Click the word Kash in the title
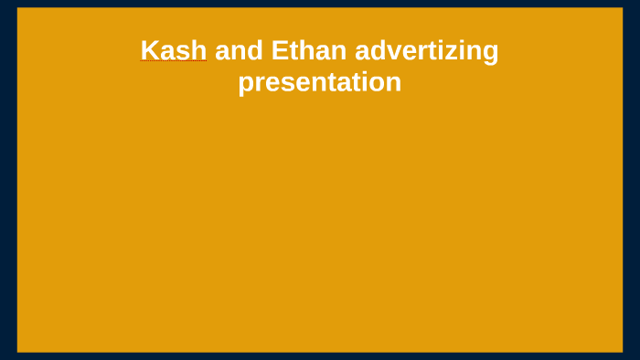coord(174,50)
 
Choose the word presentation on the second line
coord(319,83)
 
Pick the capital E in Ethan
coord(279,50)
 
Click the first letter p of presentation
coord(245,85)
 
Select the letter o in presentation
coord(379,83)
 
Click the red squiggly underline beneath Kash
coord(174,63)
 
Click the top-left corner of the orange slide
coord(18,9)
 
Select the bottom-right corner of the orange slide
coord(622,351)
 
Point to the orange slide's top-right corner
coord(622,9)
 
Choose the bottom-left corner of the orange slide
coord(18,351)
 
